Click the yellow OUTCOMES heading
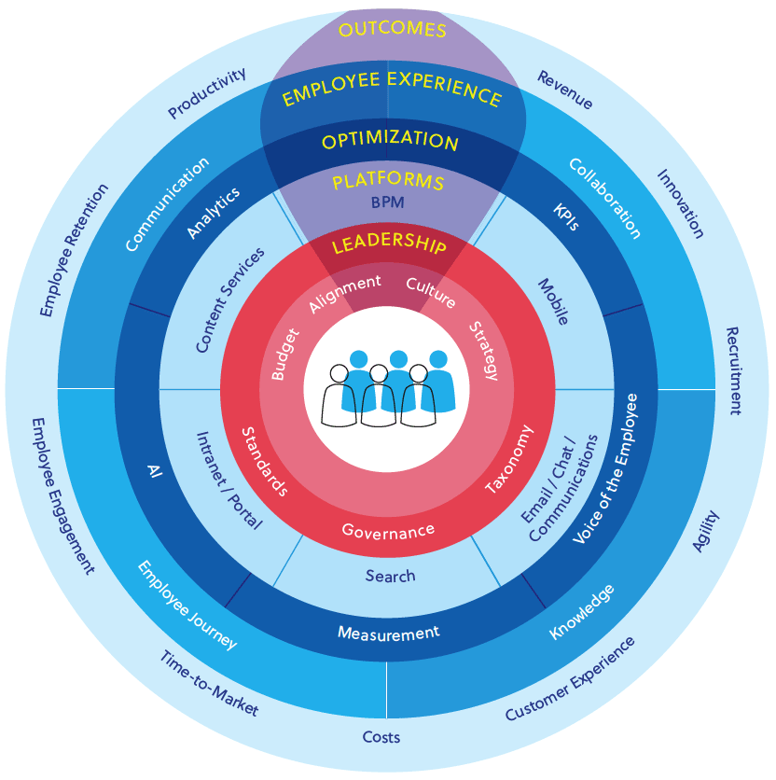click(393, 31)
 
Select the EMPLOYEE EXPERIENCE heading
click(392, 93)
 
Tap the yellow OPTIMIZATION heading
click(390, 141)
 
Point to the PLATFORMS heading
click(389, 180)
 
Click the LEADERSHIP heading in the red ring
click(389, 245)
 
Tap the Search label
click(390, 576)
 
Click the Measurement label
click(388, 634)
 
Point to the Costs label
click(381, 737)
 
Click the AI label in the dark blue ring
click(155, 468)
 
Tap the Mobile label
click(552, 301)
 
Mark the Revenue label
click(564, 90)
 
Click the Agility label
click(706, 531)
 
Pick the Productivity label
click(207, 93)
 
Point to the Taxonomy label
click(510, 459)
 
